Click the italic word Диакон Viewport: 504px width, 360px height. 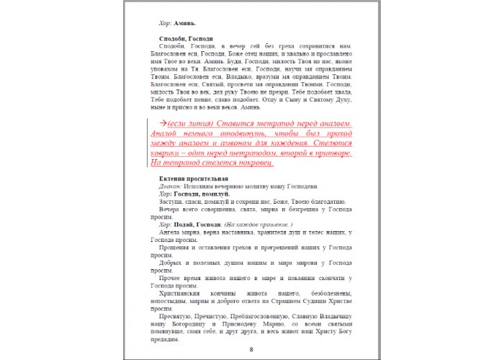[173, 186]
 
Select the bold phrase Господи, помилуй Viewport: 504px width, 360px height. [202, 194]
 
